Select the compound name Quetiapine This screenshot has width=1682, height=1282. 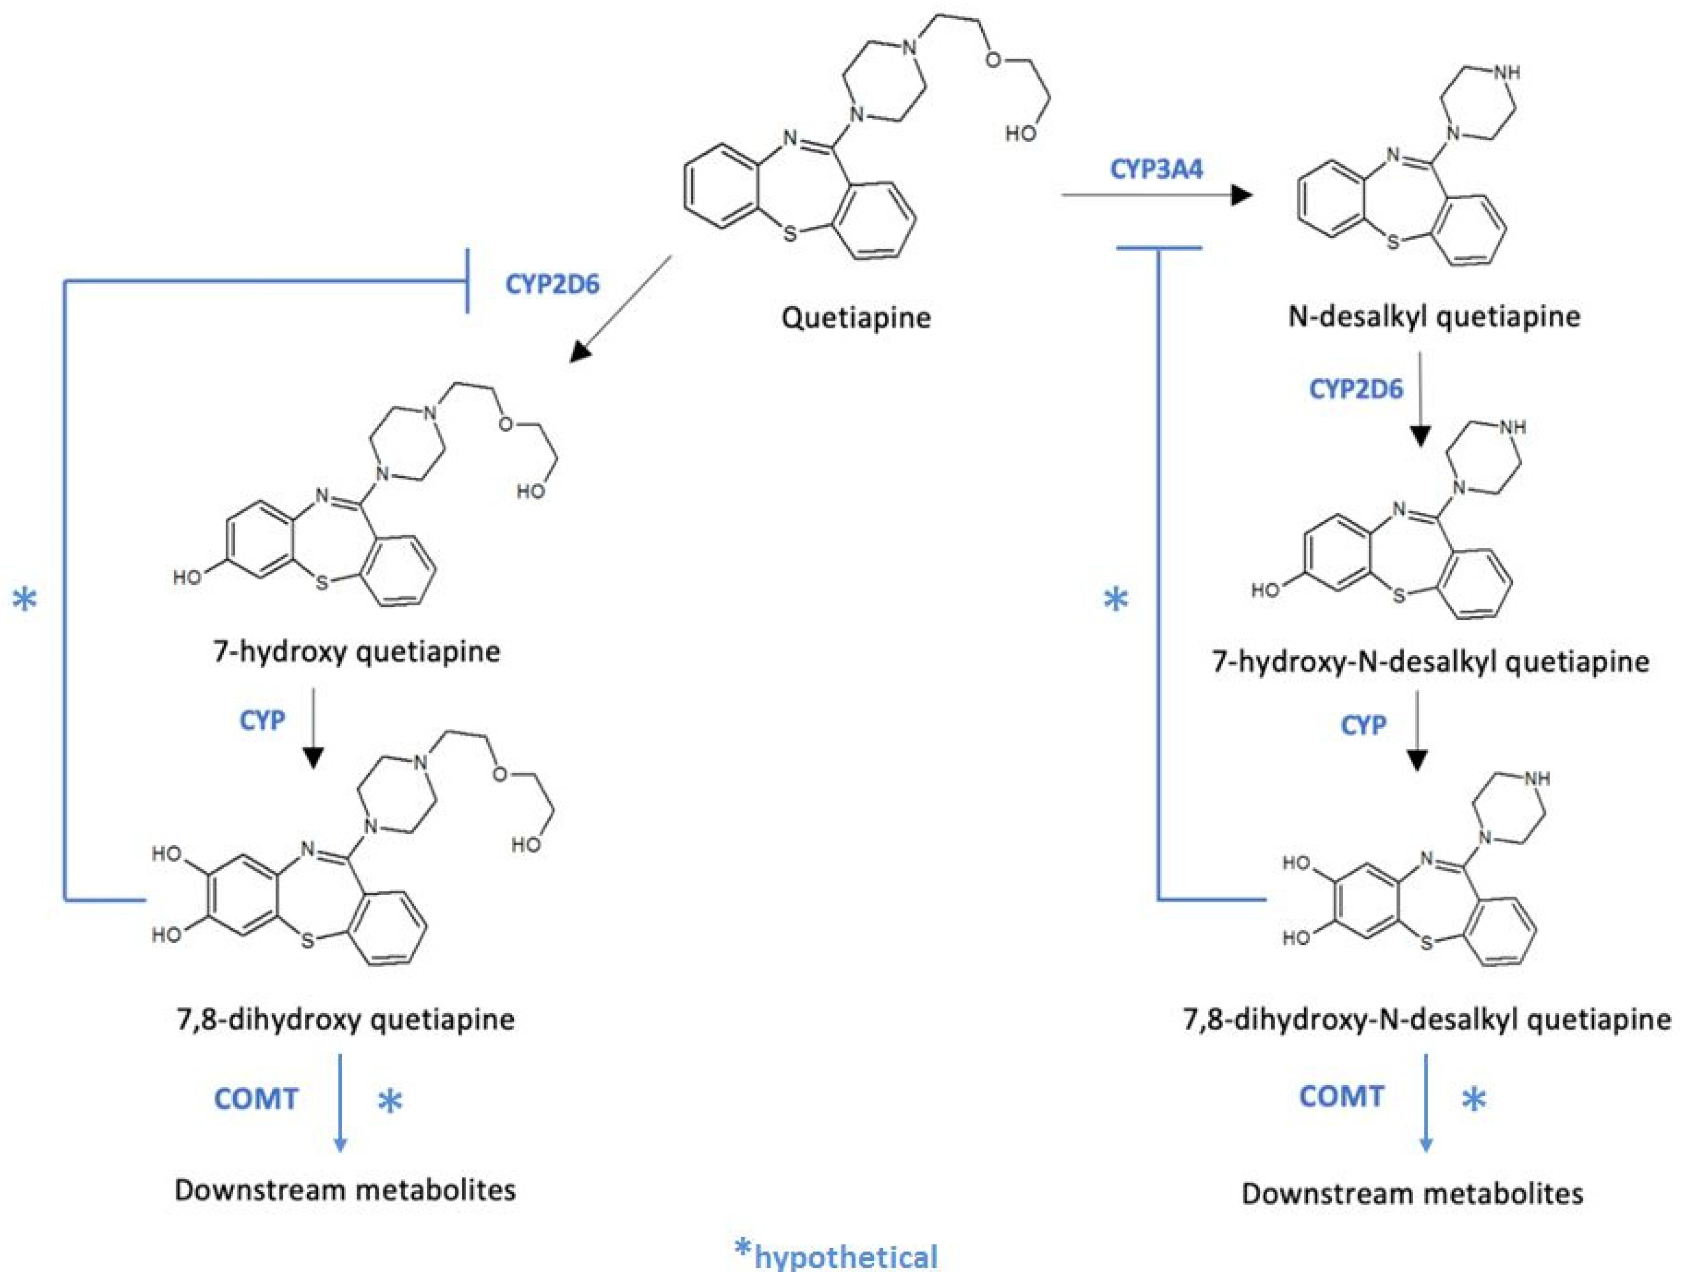click(x=856, y=317)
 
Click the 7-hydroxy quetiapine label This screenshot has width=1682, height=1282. click(x=357, y=651)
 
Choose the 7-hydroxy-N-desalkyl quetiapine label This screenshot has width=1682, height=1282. click(x=1430, y=660)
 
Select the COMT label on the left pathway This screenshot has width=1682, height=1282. click(x=255, y=1099)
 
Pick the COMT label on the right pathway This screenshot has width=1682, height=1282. click(x=1341, y=1097)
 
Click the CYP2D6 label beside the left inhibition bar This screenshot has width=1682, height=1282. click(x=552, y=284)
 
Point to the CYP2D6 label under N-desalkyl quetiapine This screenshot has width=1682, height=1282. click(x=1356, y=389)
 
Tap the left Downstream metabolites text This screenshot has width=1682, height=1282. click(x=345, y=1190)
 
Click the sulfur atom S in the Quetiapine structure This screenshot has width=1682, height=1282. click(x=790, y=234)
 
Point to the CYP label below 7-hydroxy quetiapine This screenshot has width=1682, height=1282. click(x=262, y=719)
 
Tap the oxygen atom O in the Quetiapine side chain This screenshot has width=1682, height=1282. click(x=993, y=60)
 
